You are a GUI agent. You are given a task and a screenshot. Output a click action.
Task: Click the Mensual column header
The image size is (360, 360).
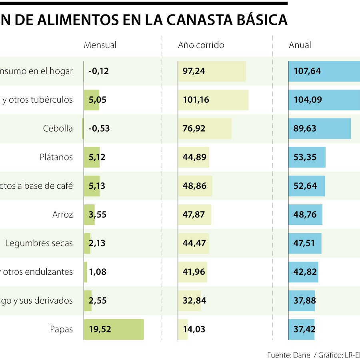(100, 45)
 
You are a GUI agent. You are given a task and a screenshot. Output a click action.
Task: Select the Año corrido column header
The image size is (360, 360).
(201, 45)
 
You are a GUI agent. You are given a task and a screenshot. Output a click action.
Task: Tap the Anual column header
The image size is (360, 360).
(300, 45)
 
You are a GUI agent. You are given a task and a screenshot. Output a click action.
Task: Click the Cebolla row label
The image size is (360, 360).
(58, 128)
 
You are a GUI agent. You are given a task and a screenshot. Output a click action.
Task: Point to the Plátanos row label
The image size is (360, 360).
(56, 157)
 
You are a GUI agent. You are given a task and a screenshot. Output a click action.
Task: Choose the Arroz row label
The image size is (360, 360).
(63, 214)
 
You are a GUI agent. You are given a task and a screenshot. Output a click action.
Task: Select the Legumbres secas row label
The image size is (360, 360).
(39, 243)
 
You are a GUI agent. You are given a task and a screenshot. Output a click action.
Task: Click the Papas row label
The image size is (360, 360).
(62, 329)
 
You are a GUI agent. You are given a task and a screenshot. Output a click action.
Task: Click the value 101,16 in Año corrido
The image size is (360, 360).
(196, 100)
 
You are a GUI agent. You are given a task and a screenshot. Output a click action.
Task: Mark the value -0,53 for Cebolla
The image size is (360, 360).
(99, 128)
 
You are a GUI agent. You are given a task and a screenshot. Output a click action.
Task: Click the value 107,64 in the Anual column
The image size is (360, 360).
(307, 71)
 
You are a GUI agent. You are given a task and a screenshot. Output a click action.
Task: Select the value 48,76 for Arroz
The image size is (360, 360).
(305, 214)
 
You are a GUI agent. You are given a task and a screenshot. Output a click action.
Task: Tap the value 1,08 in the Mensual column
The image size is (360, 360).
(98, 272)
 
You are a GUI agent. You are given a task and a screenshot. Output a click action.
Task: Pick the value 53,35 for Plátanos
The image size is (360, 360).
(305, 157)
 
